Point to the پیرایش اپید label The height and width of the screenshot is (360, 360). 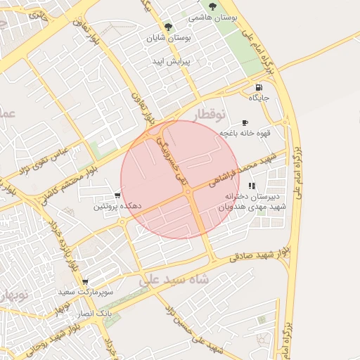point(169,61)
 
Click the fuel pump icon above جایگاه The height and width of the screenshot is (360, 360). point(259,88)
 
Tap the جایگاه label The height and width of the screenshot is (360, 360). point(269,98)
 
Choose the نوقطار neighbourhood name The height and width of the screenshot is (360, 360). point(210,114)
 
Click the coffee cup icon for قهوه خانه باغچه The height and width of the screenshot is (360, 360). point(245,122)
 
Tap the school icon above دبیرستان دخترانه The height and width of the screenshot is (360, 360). point(252,186)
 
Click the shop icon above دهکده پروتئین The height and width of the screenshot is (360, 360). point(117,196)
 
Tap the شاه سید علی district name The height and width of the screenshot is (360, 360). point(174,279)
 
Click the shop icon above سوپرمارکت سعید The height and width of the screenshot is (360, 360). point(85,281)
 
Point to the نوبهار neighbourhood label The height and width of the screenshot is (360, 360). point(14,295)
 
